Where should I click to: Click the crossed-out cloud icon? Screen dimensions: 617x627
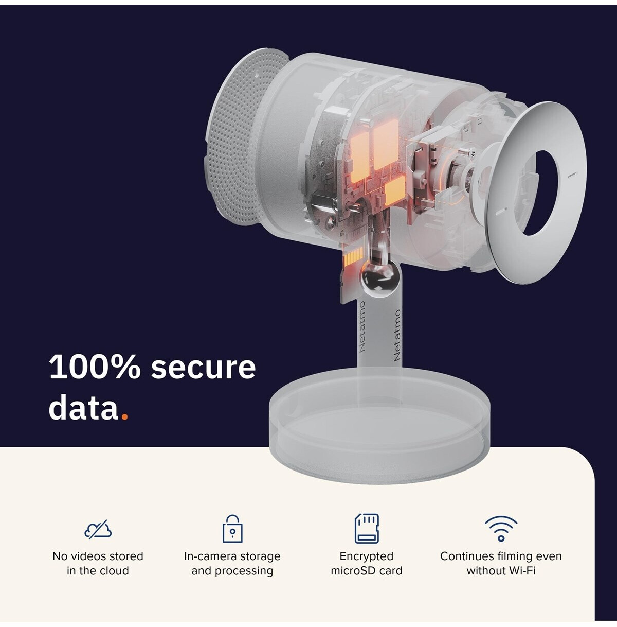(x=98, y=529)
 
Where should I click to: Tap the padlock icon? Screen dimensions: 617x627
(x=232, y=528)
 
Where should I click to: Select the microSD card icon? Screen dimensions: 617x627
(x=367, y=528)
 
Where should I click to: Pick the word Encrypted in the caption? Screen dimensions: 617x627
(x=367, y=556)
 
